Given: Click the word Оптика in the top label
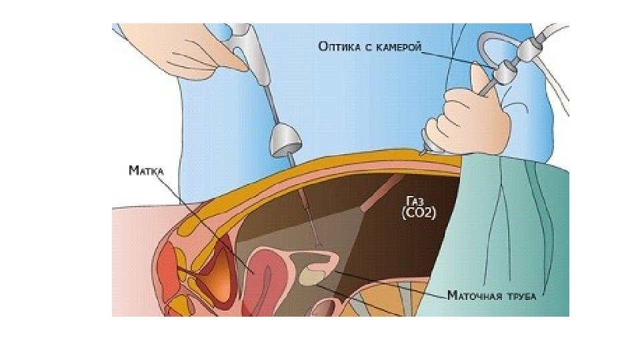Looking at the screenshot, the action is click(x=340, y=46).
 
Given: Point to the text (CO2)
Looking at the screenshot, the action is click(x=418, y=213).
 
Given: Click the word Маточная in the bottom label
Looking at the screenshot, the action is click(x=473, y=294).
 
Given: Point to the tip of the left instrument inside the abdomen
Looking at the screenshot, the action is click(x=319, y=245).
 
